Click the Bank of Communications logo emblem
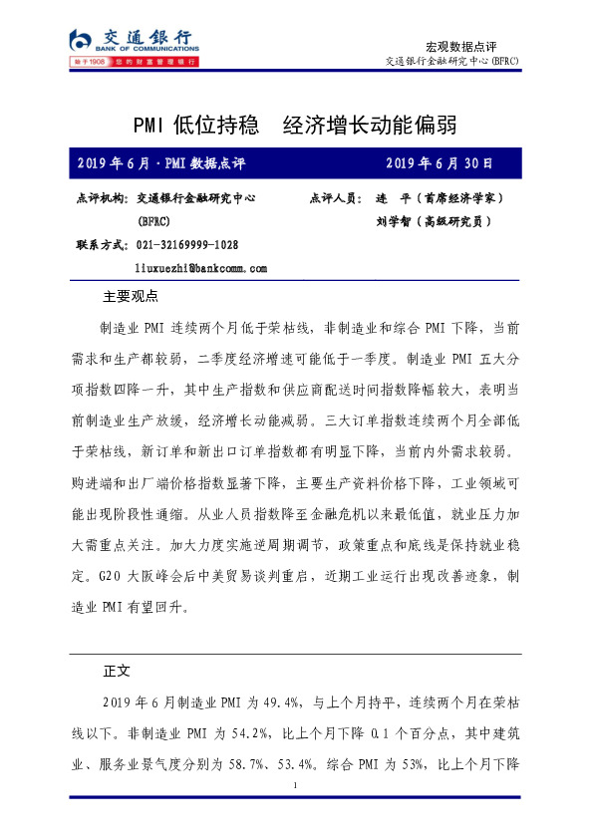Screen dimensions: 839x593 click(x=80, y=41)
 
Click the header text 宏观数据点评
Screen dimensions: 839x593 click(x=460, y=46)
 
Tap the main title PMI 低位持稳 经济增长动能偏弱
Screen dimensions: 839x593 click(x=297, y=125)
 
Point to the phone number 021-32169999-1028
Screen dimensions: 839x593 click(x=186, y=245)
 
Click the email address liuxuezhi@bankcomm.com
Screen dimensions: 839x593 click(x=200, y=269)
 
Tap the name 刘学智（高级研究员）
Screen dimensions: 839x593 click(x=433, y=222)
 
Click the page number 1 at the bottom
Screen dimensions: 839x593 click(x=297, y=787)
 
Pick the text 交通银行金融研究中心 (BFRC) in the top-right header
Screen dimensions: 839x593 click(x=451, y=62)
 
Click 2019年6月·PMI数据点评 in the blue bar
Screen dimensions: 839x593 click(x=160, y=162)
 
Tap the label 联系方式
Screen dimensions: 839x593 click(x=102, y=245)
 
